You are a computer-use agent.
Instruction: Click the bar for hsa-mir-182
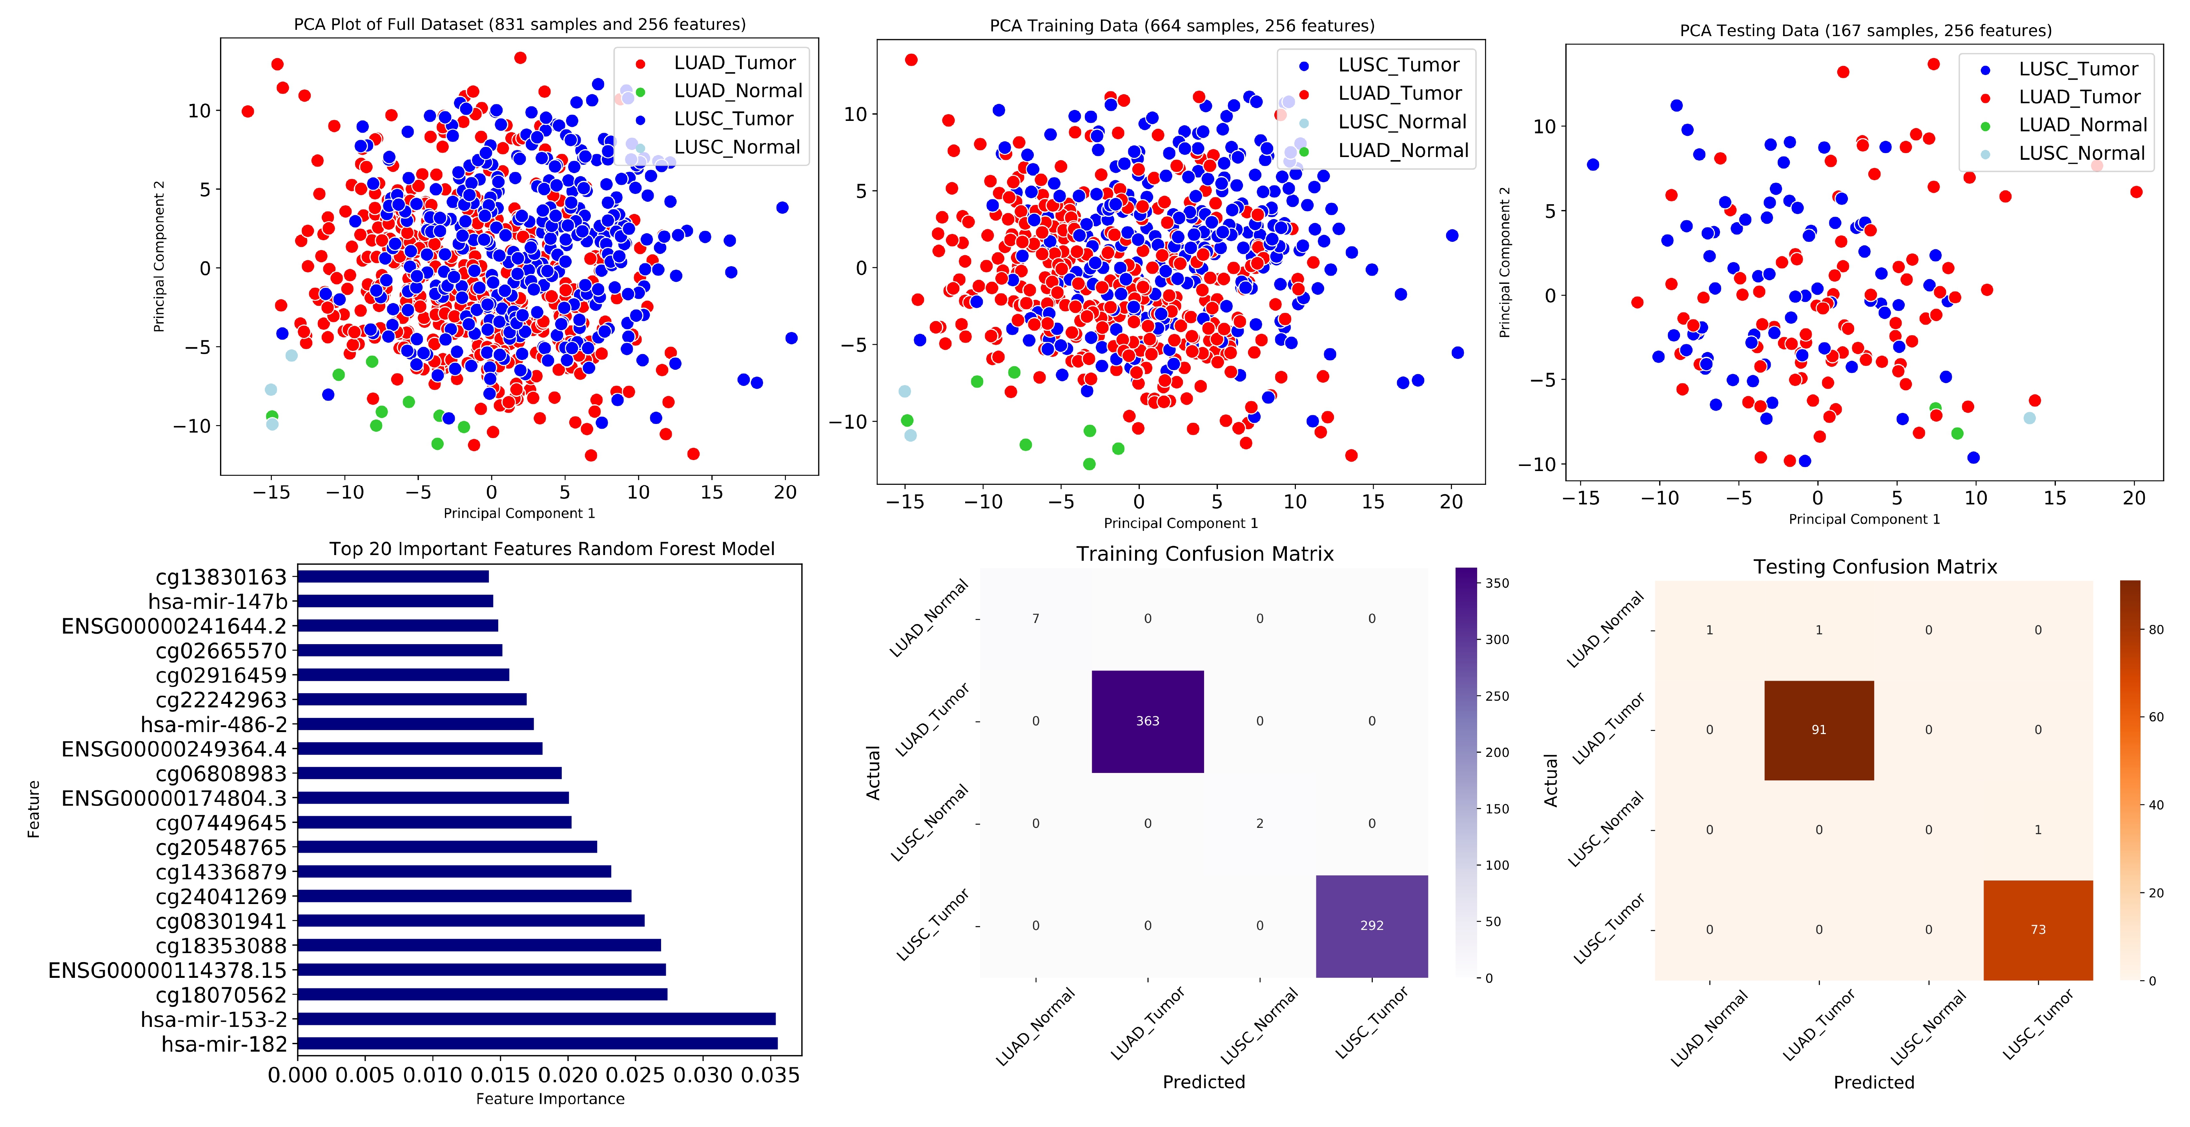(537, 1044)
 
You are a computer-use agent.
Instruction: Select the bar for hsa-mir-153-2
(536, 1019)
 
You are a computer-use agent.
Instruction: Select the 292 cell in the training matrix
(1371, 925)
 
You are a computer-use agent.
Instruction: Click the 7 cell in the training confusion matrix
(1035, 618)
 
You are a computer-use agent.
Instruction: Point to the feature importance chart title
(552, 549)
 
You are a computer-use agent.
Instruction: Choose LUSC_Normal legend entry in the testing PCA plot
(2081, 153)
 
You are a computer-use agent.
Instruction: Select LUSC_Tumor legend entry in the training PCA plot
(1397, 65)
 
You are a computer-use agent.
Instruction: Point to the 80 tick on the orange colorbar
(2156, 630)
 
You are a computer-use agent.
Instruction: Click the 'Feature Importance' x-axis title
(550, 1099)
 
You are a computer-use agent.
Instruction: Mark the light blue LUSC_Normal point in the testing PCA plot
(2029, 418)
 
